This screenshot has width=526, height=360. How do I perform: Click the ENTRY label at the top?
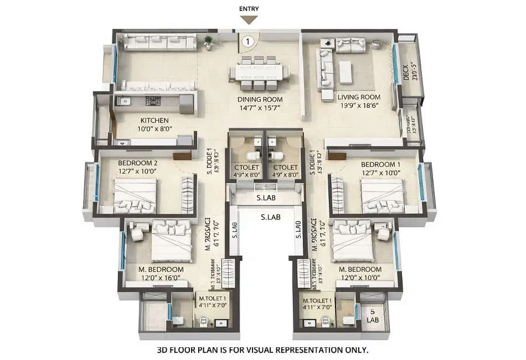point(249,9)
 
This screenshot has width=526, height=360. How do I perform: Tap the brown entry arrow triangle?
point(249,20)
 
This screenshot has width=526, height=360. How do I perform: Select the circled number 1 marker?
point(249,40)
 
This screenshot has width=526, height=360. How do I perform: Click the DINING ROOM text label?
point(260,100)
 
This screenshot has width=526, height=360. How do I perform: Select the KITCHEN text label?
point(154,120)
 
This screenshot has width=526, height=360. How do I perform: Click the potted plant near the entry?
point(208,40)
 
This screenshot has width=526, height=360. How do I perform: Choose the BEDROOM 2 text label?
point(138,163)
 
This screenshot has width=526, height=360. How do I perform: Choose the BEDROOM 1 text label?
point(381,164)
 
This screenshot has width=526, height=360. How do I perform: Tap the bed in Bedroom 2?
point(136,197)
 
